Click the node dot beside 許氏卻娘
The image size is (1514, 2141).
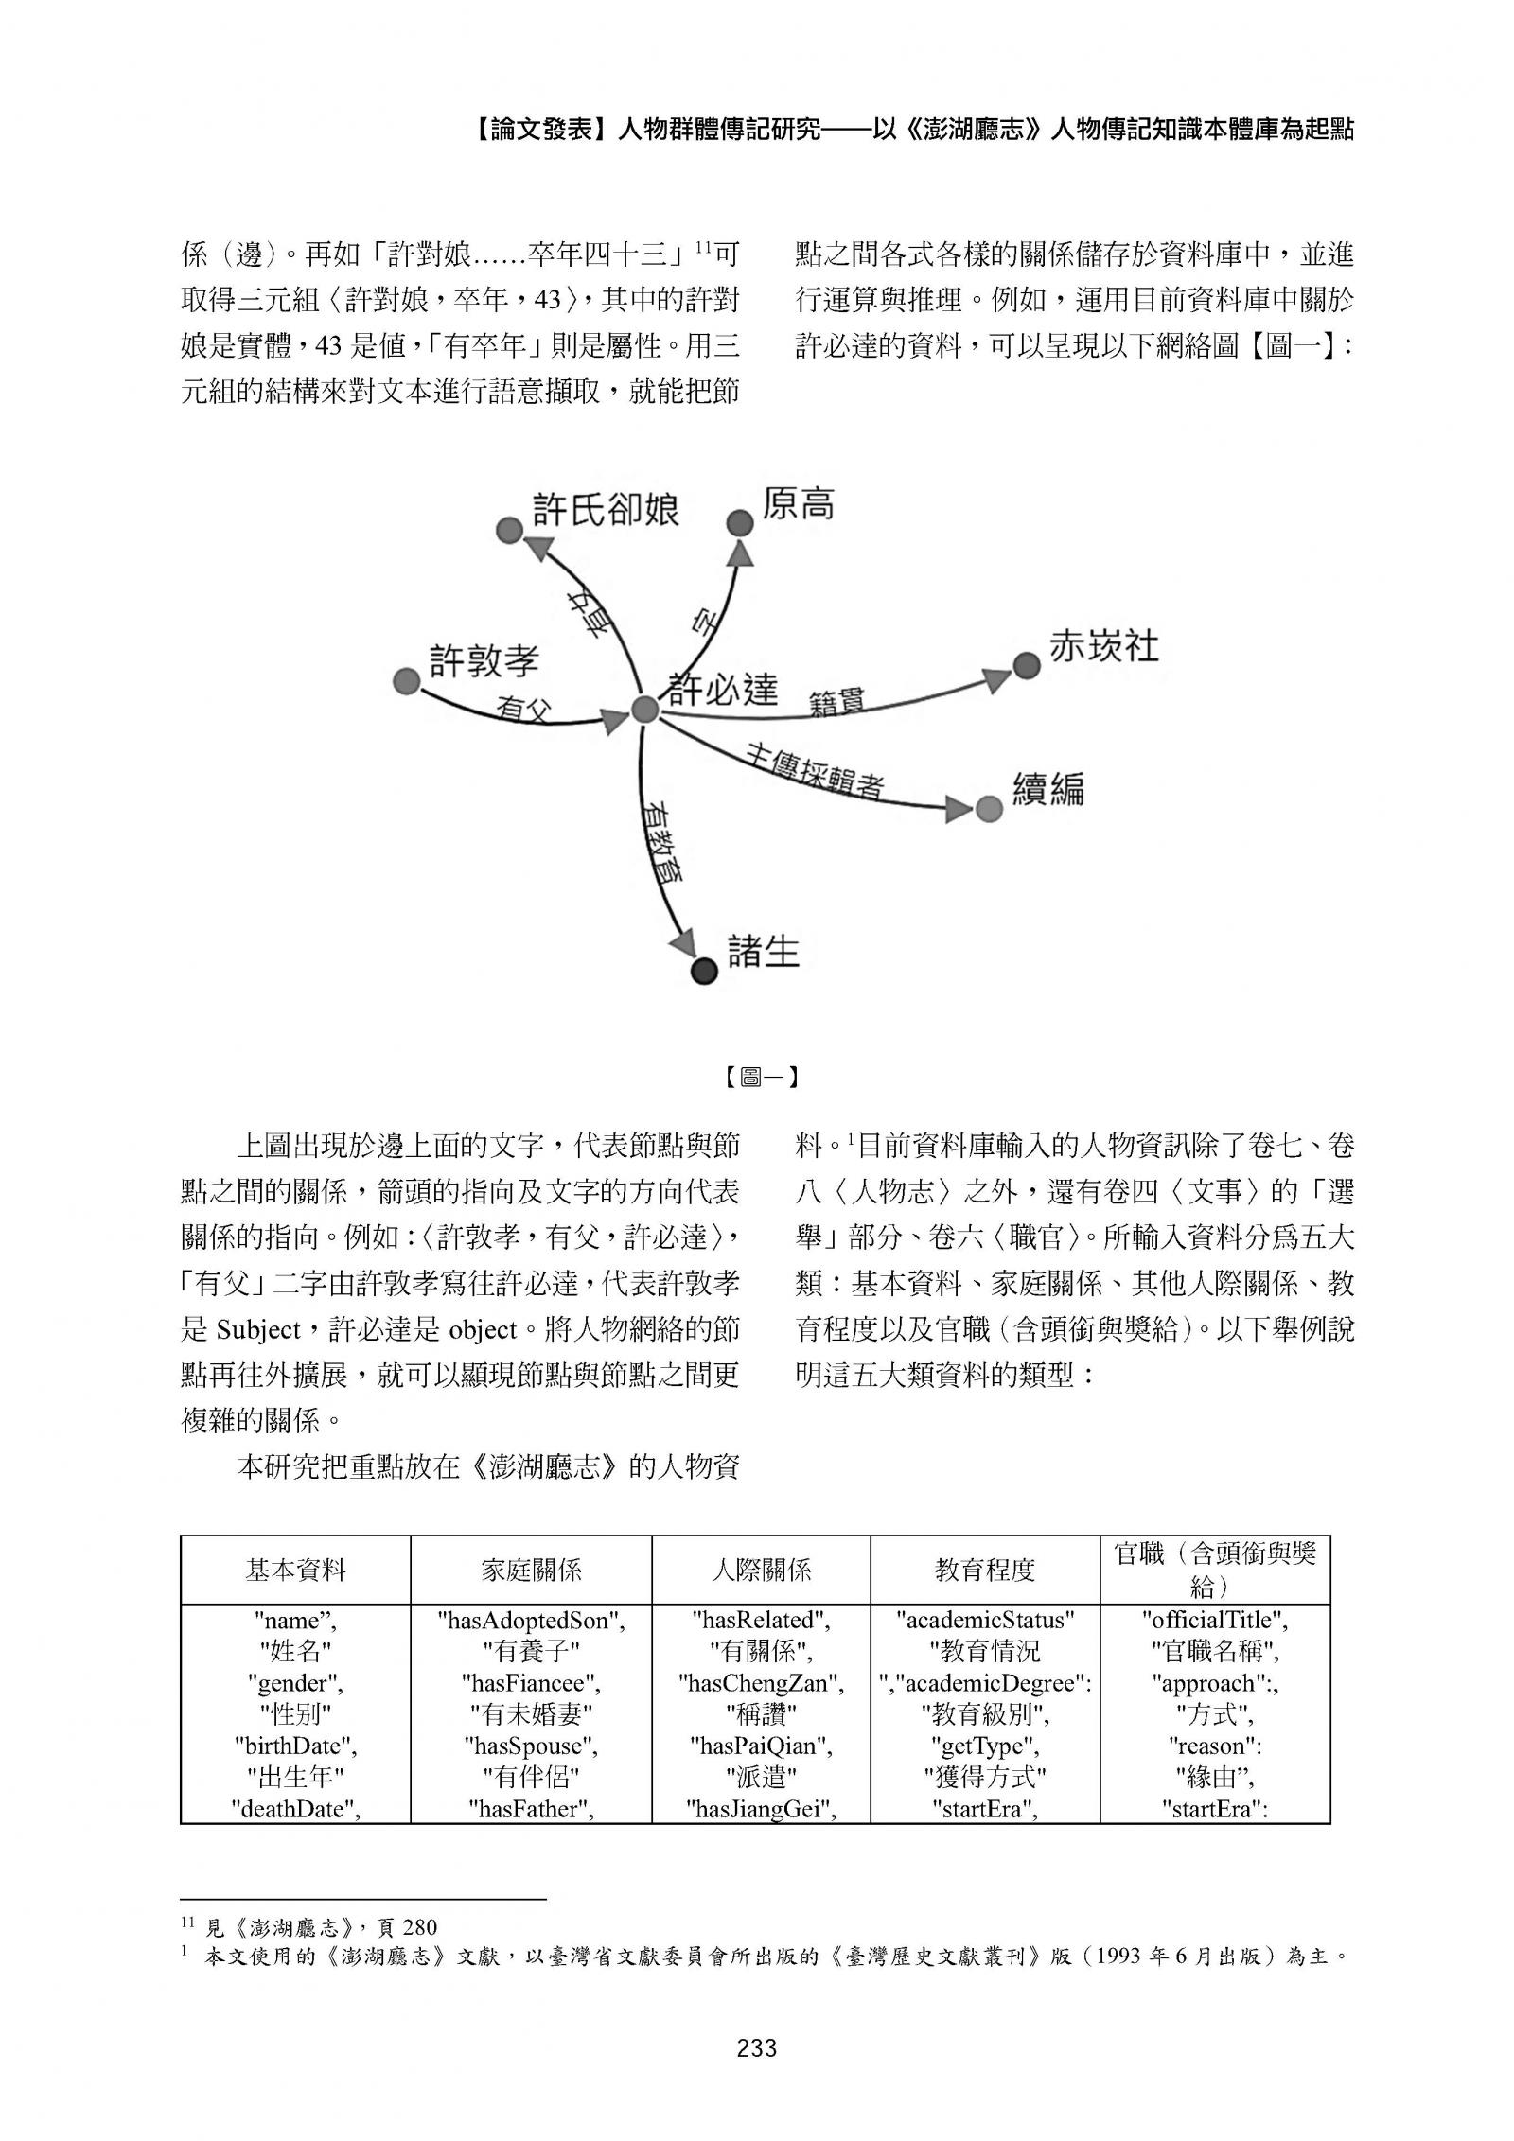point(509,530)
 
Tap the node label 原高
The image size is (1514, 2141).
point(798,504)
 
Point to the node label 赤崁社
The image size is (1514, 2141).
point(1103,648)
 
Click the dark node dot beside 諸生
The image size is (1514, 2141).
point(704,971)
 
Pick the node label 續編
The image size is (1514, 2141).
point(1047,789)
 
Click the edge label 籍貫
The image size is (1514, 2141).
point(836,702)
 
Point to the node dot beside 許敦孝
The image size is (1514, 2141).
point(406,680)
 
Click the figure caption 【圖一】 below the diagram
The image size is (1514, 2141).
point(757,1077)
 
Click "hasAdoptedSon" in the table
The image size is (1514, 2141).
point(531,1621)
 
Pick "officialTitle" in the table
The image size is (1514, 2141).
point(1215,1621)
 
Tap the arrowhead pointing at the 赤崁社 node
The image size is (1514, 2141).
point(995,678)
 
